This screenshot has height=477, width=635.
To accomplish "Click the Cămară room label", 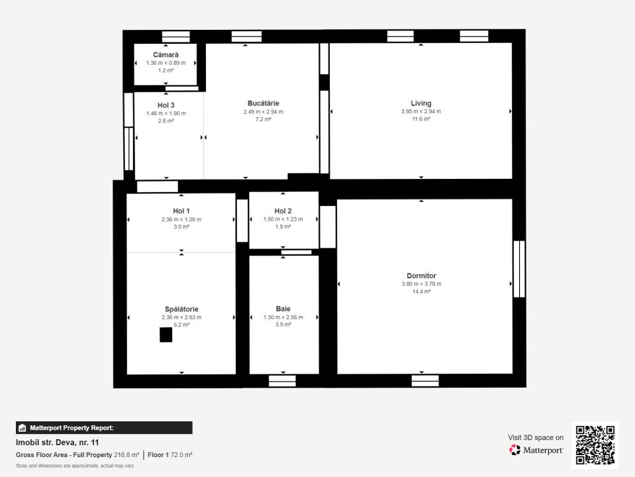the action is tap(166, 55).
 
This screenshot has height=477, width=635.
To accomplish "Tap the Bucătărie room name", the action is tap(264, 103).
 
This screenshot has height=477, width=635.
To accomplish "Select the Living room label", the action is tap(421, 103).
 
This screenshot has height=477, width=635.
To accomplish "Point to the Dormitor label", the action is tap(421, 276).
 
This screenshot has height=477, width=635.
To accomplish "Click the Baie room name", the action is tap(283, 309).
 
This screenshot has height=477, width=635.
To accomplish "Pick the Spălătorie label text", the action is tap(181, 309).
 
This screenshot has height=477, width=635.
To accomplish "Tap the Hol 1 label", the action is tap(181, 211).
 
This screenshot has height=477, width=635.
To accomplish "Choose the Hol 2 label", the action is tap(283, 211).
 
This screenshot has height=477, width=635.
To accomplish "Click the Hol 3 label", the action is tap(166, 105).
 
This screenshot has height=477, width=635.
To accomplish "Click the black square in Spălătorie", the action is tap(166, 335).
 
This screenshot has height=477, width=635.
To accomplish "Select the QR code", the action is tap(595, 445).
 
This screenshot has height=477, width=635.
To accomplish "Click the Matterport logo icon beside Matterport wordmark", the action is tap(514, 450).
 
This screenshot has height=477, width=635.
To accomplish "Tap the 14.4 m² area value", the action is tap(421, 291).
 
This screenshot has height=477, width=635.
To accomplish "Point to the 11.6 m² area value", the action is tap(421, 119).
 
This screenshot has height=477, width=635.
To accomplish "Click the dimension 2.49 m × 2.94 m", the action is tap(264, 112).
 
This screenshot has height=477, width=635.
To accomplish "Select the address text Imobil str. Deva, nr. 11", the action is tap(57, 443).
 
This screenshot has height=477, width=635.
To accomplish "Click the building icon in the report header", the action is tap(23, 427).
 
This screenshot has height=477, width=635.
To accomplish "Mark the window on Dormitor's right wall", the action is tap(519, 269).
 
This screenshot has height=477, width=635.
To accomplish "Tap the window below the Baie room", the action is tap(282, 381).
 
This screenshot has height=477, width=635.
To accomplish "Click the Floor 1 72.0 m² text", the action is tap(170, 455).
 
